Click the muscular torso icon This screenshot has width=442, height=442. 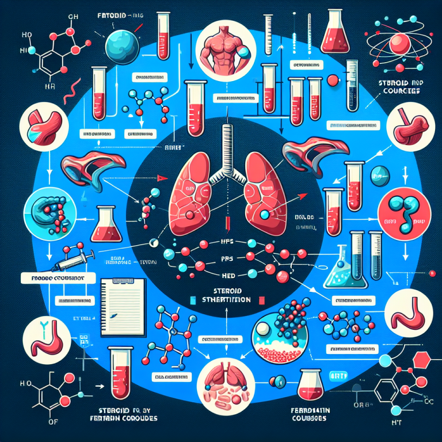pyautogui.click(x=220, y=51)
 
